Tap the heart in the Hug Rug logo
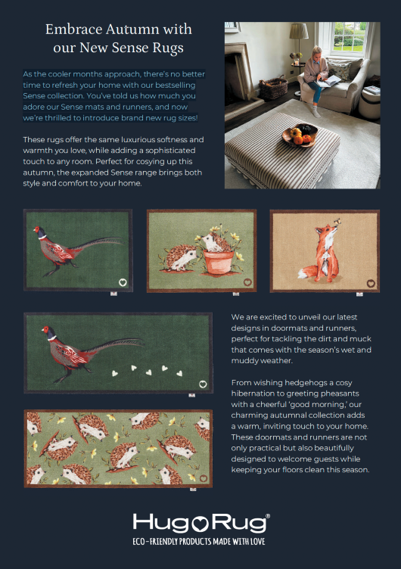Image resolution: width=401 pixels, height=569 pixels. (199, 524)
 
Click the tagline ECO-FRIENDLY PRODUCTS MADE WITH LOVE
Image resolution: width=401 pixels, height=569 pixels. (199, 542)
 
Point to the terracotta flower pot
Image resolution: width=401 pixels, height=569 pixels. (219, 262)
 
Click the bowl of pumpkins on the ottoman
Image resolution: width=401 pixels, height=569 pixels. (300, 135)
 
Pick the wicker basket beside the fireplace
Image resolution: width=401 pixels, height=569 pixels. (273, 88)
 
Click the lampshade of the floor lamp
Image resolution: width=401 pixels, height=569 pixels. (299, 31)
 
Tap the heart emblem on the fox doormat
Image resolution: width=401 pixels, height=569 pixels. (371, 284)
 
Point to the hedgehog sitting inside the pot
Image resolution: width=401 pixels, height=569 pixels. (214, 242)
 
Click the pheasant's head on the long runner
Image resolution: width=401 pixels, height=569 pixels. (48, 332)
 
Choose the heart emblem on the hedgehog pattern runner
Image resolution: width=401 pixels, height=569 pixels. (204, 478)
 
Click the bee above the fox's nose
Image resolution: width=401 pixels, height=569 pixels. (337, 221)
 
